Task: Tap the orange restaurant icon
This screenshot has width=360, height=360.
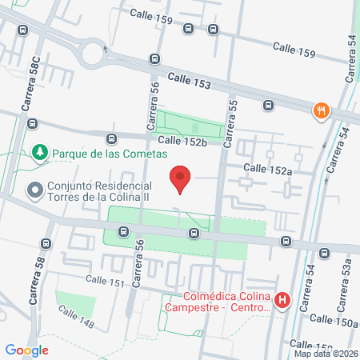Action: click(322, 110)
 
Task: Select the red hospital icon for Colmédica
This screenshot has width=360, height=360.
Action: click(282, 302)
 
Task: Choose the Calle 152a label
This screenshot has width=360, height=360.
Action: click(268, 168)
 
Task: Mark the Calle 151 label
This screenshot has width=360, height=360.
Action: click(106, 281)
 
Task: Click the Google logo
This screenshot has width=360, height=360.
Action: click(26, 350)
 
